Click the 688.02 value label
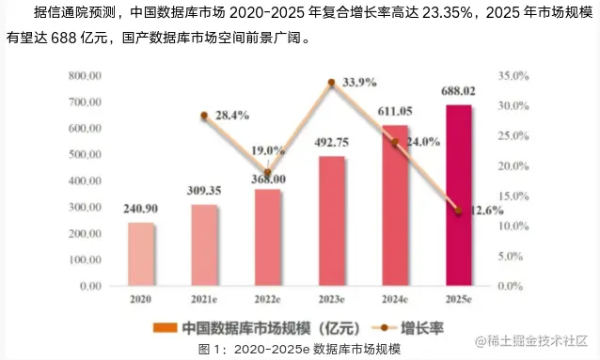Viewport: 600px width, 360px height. pos(458,91)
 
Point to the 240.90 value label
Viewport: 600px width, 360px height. pos(140,210)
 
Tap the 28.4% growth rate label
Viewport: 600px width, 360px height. pos(231,116)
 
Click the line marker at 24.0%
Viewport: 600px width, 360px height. pos(395,143)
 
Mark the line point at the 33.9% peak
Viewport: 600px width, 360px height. pos(331,83)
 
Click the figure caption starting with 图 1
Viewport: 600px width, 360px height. pos(299,349)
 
